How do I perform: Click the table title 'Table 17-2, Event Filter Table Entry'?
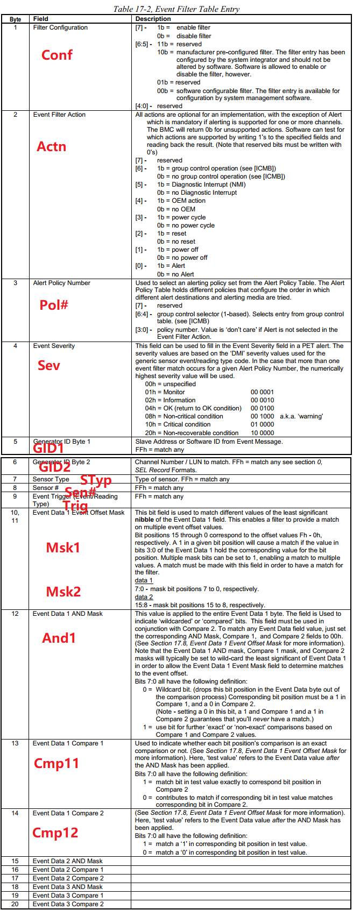pos(176,9)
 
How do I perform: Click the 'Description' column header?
pos(153,19)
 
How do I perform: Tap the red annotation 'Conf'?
pos(57,55)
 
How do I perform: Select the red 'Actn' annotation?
pos(51,146)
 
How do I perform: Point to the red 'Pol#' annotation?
pos(54,305)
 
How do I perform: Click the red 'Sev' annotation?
pos(48,366)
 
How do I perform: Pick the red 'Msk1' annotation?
pos(63,548)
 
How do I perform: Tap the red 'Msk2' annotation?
pos(63,592)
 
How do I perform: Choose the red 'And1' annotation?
pos(59,638)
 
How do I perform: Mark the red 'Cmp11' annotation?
pos(56,763)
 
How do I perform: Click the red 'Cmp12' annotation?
pos(55,833)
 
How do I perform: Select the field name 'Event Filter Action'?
pos(59,115)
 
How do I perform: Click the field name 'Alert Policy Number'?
pos(61,283)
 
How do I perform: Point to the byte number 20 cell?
pos(15,904)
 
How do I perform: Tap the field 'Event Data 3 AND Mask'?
pos(67,887)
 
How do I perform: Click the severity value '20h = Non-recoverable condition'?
pos(192,433)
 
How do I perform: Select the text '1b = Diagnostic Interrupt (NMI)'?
pos(201,184)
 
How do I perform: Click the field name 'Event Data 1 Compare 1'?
pos(68,743)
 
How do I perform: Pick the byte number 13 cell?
pos(15,743)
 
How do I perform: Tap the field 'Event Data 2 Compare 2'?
pos(68,878)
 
